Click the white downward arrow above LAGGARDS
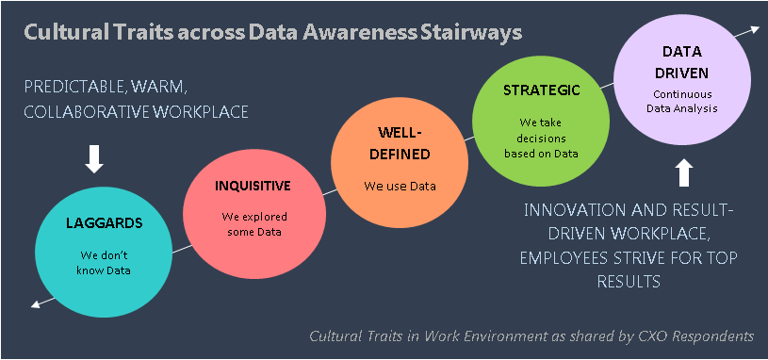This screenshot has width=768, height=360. click(x=94, y=158)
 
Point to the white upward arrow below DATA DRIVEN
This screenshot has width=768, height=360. click(x=684, y=172)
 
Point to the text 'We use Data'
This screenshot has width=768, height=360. click(x=400, y=186)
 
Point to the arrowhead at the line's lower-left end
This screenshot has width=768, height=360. click(x=36, y=303)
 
